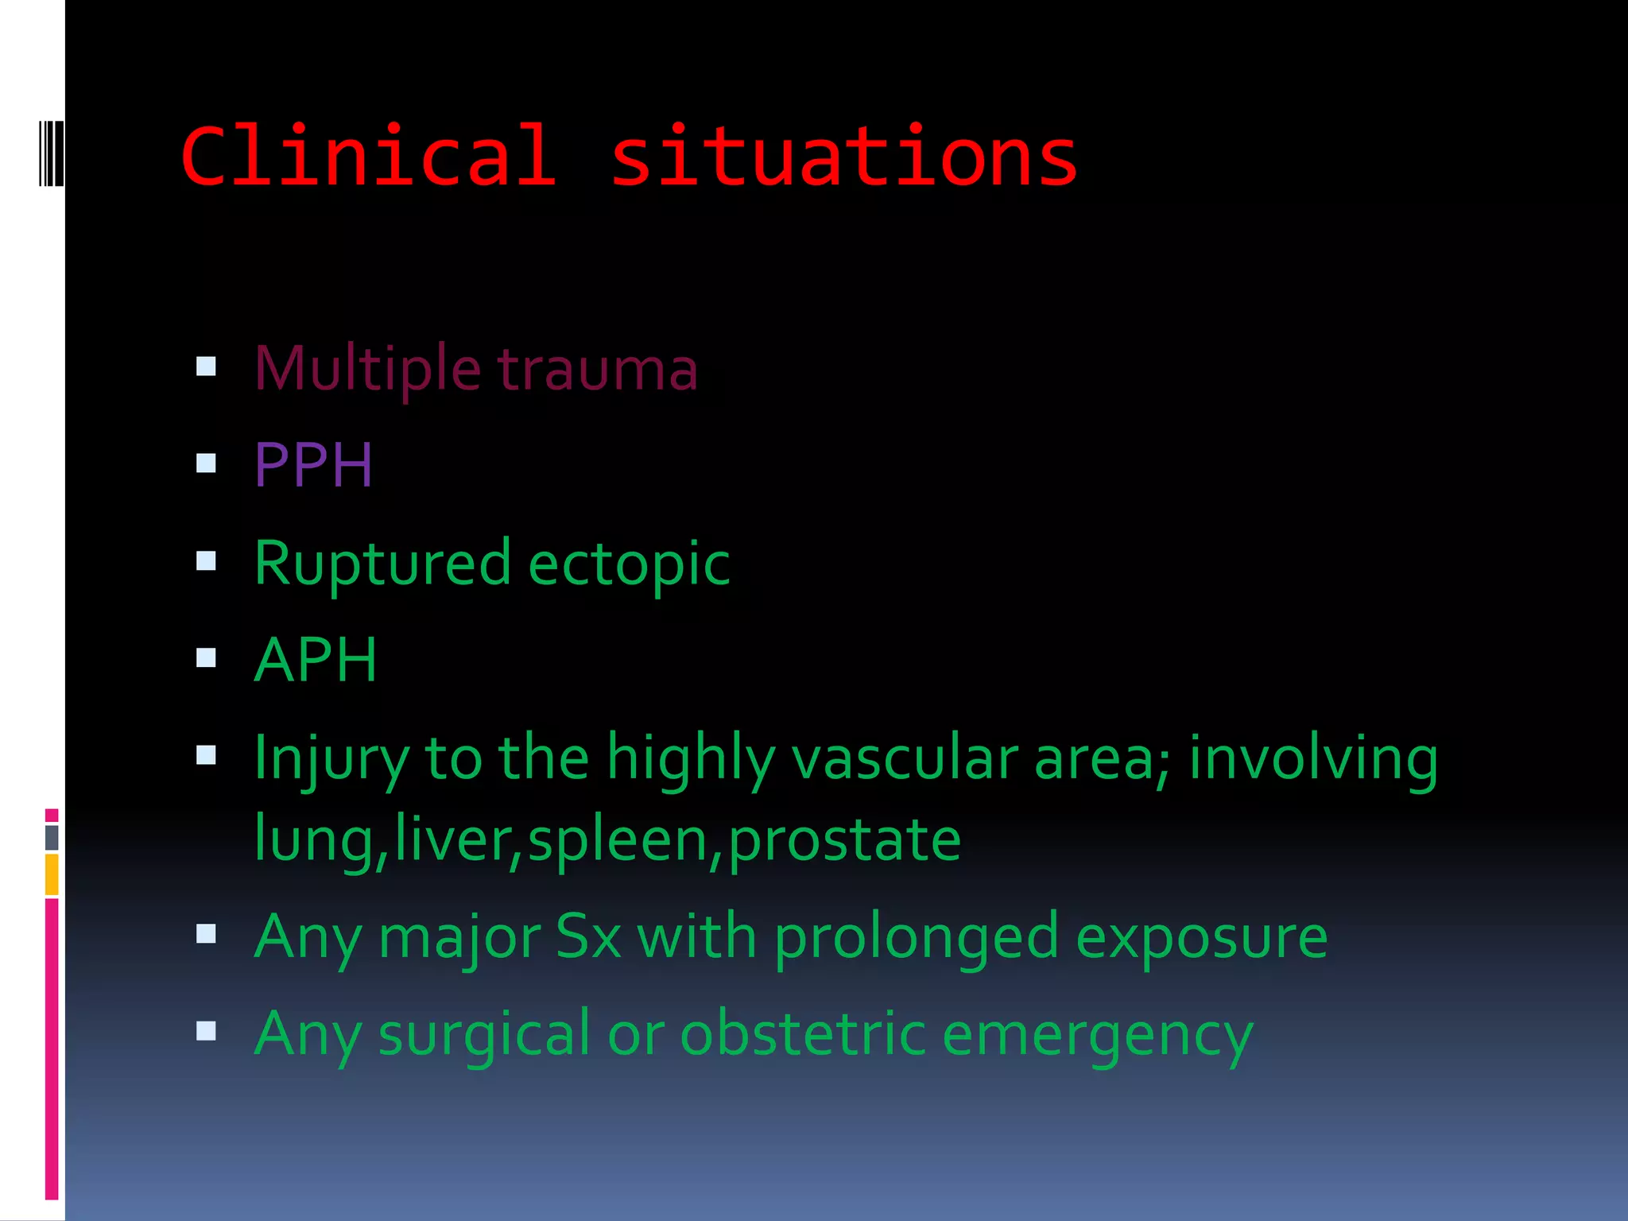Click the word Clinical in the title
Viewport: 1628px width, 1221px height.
[368, 157]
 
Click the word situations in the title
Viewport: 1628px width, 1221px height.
[843, 157]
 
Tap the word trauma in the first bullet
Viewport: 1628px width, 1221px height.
[597, 370]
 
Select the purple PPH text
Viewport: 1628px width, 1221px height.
[313, 465]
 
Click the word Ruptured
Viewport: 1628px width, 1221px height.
[382, 564]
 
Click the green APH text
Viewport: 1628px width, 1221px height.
[316, 660]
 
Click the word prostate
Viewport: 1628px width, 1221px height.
[844, 840]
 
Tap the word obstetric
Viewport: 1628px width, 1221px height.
[803, 1033]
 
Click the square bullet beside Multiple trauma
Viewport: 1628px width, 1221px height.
[206, 366]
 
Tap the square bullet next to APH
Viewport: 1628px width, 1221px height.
[206, 657]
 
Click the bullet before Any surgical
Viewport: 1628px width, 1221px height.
[206, 1031]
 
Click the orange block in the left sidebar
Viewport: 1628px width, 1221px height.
[52, 874]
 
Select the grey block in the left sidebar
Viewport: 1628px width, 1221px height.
[52, 837]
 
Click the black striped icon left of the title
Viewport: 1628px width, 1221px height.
[51, 153]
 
